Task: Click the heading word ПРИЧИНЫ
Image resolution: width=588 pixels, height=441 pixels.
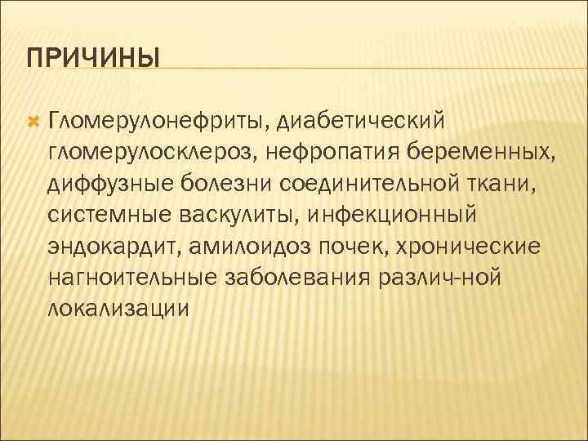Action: coord(92,60)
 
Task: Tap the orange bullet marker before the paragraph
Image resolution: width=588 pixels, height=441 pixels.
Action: coord(33,122)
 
